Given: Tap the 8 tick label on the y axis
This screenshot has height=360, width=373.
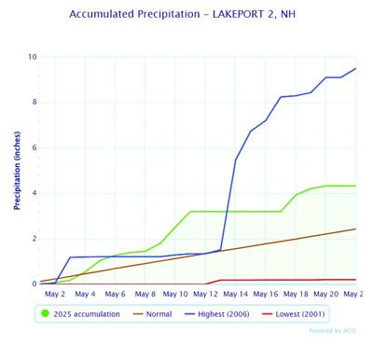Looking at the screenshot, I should pos(34,103).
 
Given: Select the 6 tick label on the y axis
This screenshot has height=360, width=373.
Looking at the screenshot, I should pos(34,148).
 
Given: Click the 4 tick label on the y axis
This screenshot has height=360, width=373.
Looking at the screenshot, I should pos(34,193).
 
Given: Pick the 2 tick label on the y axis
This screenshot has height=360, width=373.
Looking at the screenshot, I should pos(34,239).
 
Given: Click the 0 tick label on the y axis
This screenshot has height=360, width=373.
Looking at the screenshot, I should pos(34,284).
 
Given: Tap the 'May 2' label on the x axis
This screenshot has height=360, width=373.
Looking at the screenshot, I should pos(55,295).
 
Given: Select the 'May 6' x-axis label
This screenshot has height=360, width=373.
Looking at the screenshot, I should pos(115,295).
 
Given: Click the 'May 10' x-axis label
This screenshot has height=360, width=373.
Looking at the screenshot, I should pos(174,295).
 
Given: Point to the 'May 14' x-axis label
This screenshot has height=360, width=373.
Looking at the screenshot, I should pos(235,295).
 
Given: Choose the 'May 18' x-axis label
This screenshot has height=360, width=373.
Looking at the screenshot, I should pos(296,295).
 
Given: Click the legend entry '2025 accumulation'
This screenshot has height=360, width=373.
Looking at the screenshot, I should pos(90,314).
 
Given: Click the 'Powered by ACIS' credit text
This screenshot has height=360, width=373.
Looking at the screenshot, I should pos(331,330).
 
